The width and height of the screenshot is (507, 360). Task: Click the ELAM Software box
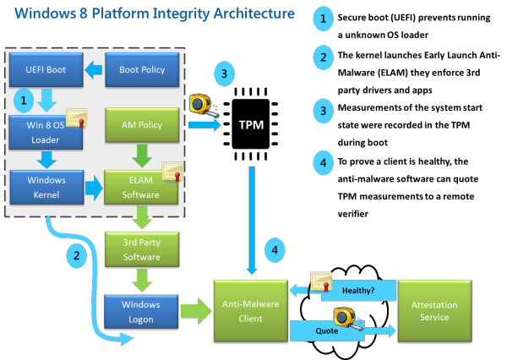[x=140, y=187]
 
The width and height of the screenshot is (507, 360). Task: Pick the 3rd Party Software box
[x=140, y=251]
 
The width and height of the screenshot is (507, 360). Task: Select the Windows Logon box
[x=140, y=309]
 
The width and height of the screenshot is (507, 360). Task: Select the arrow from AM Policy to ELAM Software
[x=140, y=155]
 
